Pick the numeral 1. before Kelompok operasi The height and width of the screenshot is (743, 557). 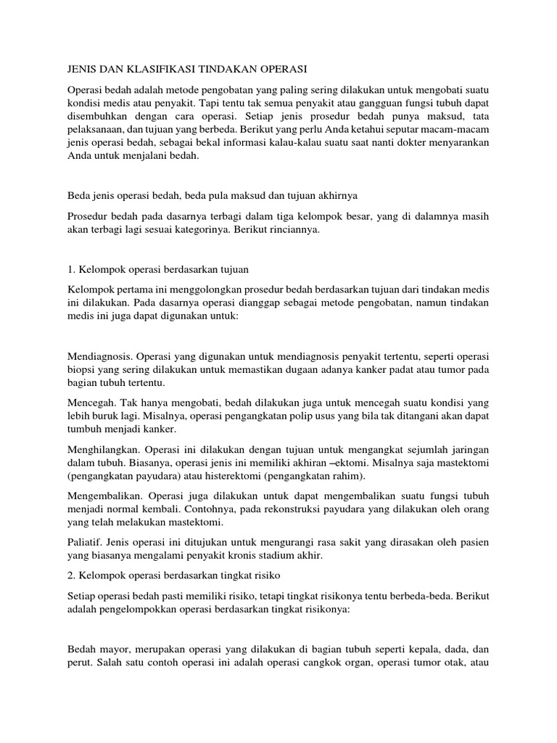tap(71, 269)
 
